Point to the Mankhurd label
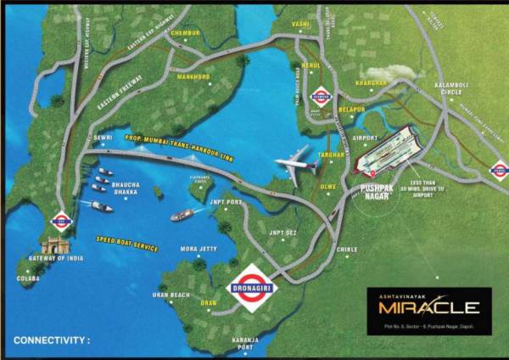coord(193,76)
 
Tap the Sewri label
coord(103,137)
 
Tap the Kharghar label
coord(372,83)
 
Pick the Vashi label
coord(301,25)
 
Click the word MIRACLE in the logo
coord(429,307)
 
